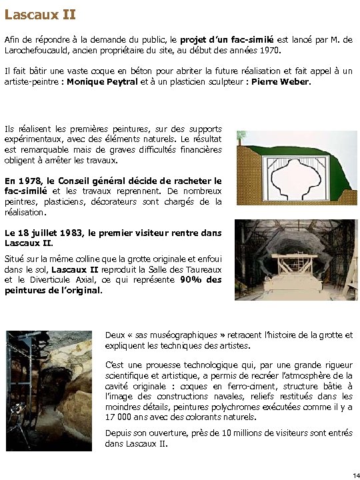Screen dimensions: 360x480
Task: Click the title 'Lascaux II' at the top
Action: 40,13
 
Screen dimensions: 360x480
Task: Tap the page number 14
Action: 355,474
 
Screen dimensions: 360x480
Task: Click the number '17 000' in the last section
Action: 121,417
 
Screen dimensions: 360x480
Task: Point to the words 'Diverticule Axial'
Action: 55,280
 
